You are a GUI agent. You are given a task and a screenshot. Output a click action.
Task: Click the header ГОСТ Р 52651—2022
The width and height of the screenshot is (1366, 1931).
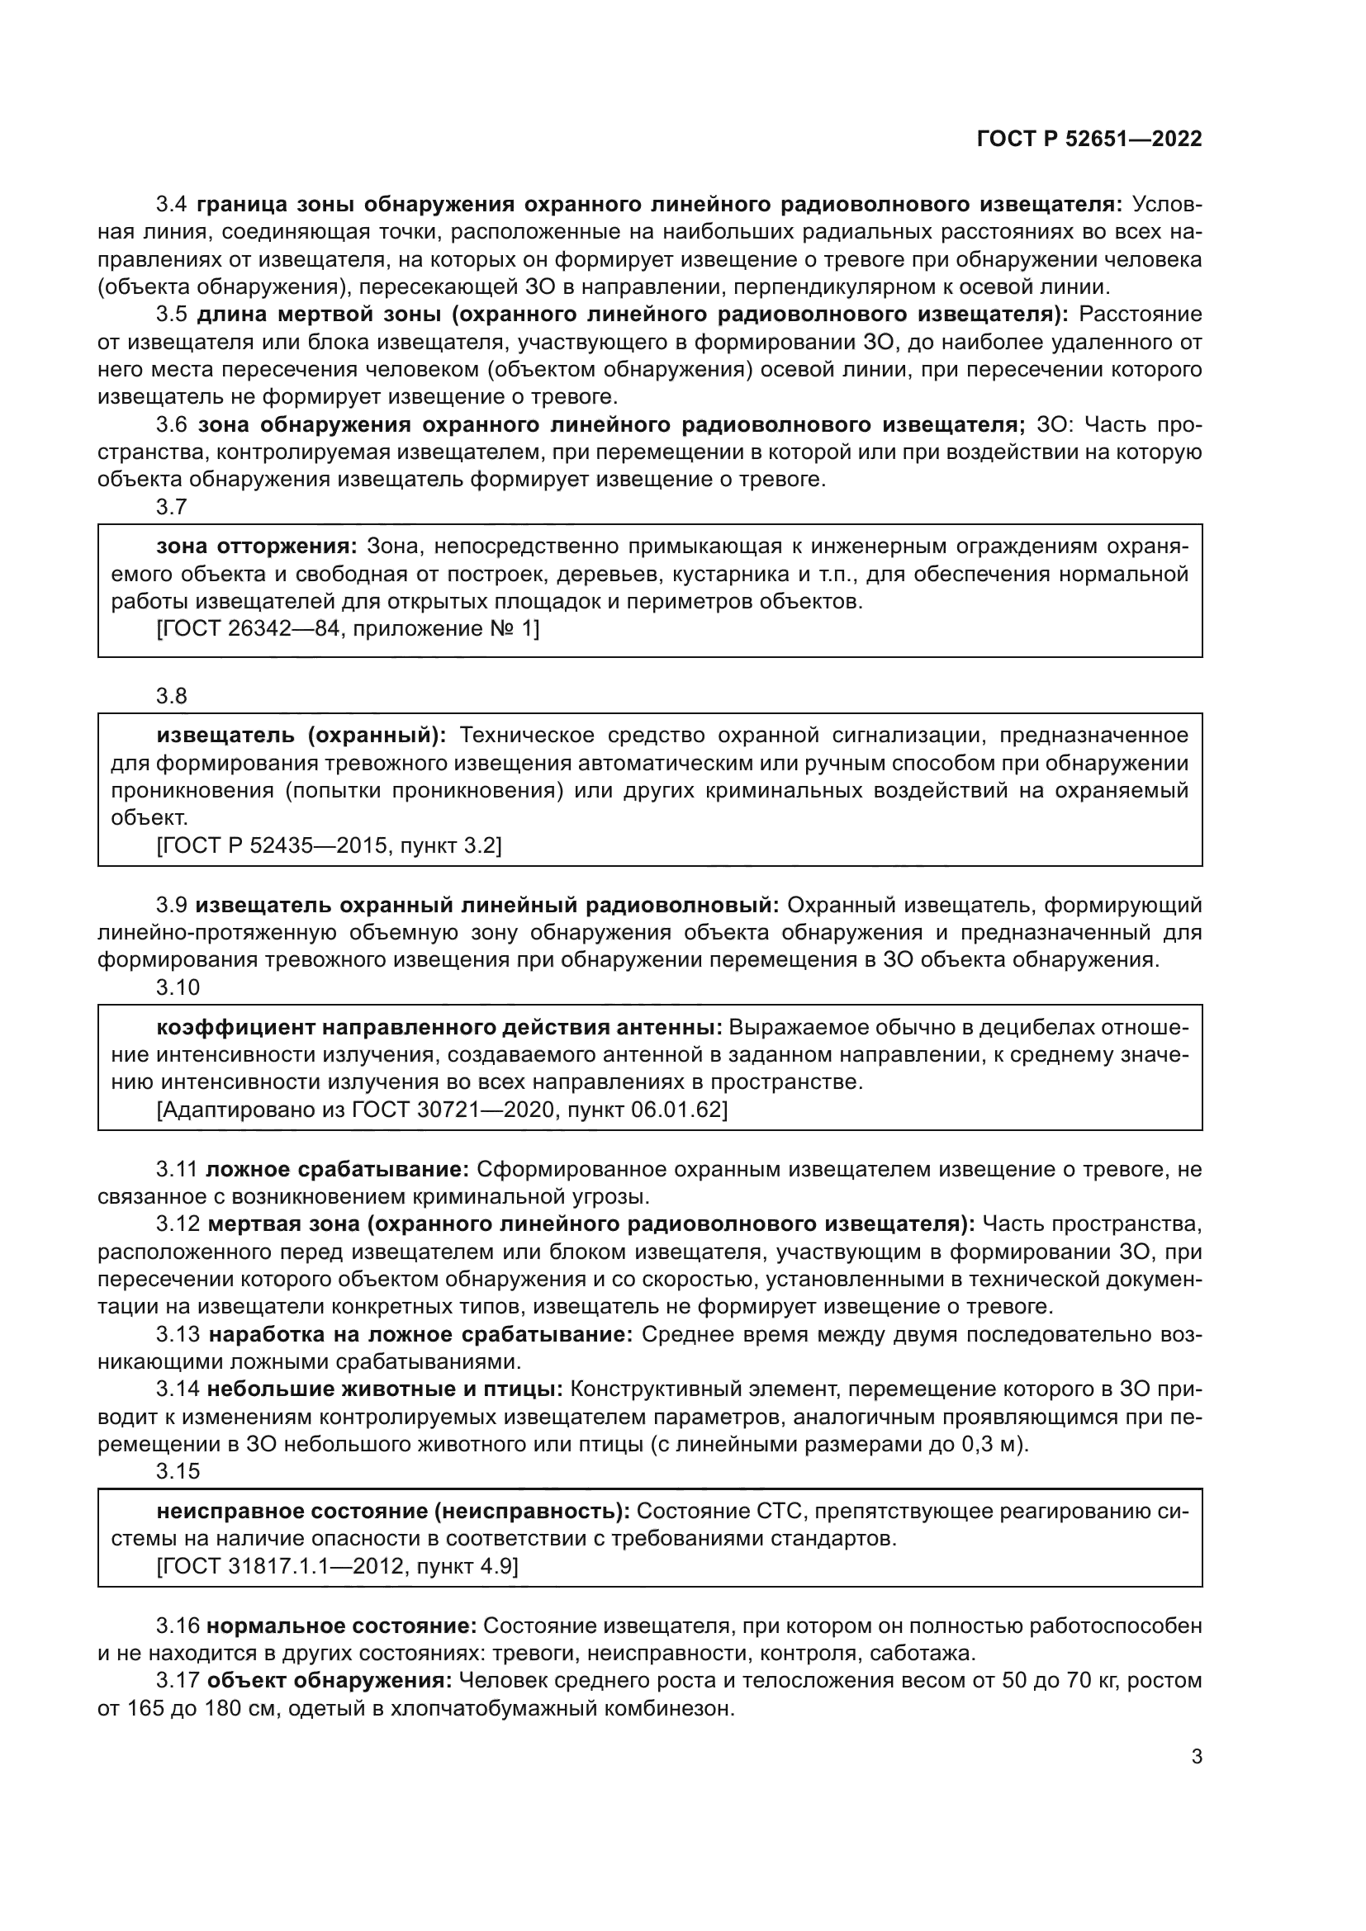(x=1089, y=139)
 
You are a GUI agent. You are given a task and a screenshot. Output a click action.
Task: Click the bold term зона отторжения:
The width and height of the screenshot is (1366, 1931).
(x=257, y=547)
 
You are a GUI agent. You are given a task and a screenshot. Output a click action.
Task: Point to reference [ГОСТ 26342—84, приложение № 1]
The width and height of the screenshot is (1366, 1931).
(x=348, y=628)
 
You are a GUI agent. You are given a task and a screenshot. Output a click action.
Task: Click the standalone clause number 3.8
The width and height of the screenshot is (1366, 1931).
(x=172, y=697)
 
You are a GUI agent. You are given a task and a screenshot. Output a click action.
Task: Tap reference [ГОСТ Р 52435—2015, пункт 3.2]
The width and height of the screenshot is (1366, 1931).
(x=329, y=845)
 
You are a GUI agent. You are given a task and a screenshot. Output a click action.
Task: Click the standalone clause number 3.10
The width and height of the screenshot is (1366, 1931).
(x=178, y=987)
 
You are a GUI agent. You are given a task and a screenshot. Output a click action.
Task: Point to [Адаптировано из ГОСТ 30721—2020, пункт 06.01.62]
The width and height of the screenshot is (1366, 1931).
(x=442, y=1110)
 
